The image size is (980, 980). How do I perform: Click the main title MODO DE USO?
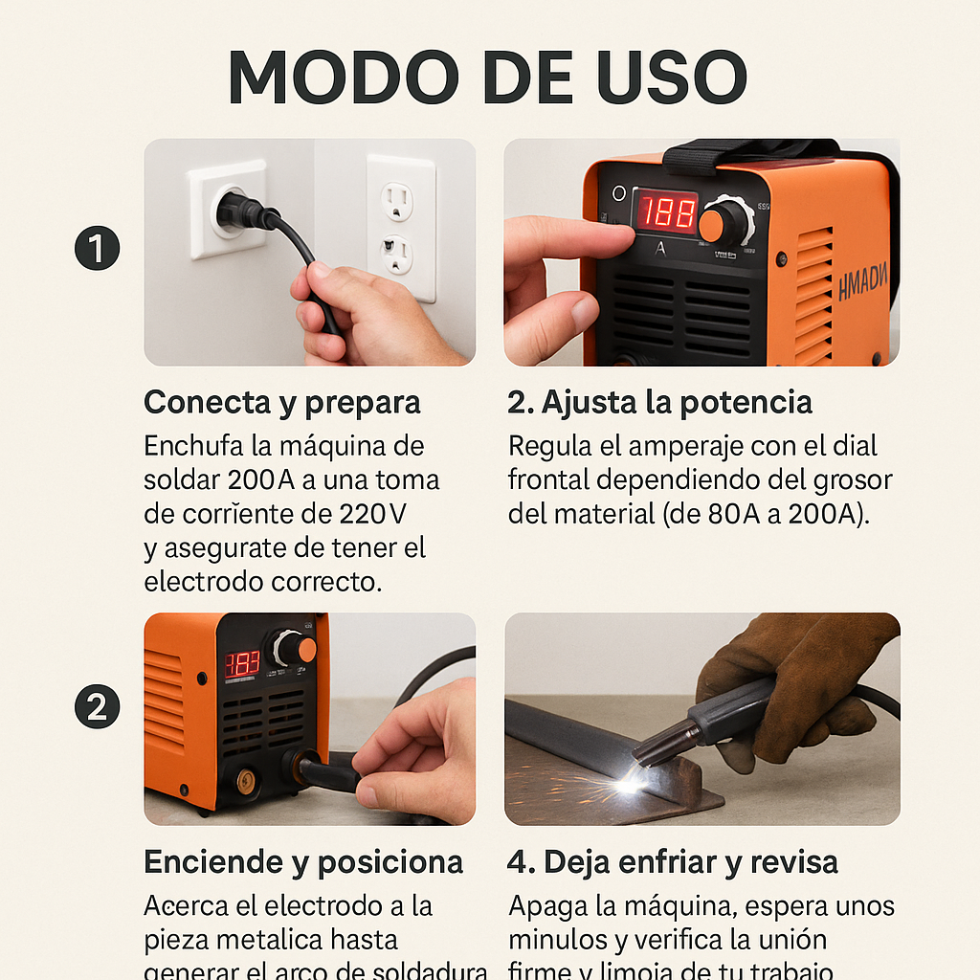click(x=488, y=77)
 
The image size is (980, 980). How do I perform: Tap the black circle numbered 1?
click(x=97, y=251)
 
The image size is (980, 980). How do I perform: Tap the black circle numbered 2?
click(x=97, y=708)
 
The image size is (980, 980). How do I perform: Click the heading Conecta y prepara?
click(x=282, y=403)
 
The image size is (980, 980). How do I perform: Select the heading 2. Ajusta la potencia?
click(x=659, y=403)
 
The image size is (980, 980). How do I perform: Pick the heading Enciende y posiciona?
click(x=303, y=862)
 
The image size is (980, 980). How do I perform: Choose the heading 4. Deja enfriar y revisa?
click(x=672, y=862)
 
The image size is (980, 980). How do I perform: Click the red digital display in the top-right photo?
click(x=667, y=212)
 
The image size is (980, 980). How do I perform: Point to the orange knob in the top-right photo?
click(x=712, y=225)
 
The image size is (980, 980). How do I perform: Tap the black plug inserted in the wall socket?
click(x=239, y=210)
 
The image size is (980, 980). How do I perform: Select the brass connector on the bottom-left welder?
click(x=247, y=780)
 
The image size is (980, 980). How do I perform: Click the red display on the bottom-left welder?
click(x=242, y=663)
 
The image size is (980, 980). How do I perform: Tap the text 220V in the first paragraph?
click(x=373, y=514)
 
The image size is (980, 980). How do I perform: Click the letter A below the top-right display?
click(x=659, y=251)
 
